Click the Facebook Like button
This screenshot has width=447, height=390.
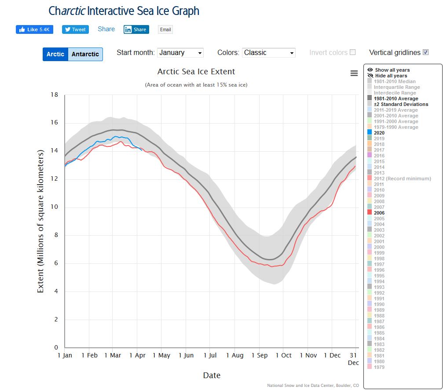pos(34,29)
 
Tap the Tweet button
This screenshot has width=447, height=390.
pos(75,29)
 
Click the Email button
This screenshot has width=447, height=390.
pos(165,29)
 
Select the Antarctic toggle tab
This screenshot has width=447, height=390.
pos(85,54)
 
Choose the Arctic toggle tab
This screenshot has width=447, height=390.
pos(55,54)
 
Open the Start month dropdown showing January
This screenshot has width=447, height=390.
pos(180,53)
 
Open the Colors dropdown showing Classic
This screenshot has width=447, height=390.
pos(268,53)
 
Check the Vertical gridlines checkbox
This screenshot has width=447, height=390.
pos(425,52)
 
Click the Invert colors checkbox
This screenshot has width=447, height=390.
pos(352,52)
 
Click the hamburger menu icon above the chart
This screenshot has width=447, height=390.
pos(354,73)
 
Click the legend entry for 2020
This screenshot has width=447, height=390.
pos(379,133)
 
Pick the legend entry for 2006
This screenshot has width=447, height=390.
pos(379,213)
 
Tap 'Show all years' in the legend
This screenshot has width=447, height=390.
pos(392,70)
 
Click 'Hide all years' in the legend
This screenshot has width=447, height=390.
pos(391,76)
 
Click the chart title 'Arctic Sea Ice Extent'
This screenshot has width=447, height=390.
pos(196,72)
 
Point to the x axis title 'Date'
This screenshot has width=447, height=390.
pos(212,375)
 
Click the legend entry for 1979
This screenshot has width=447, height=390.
pos(379,367)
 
